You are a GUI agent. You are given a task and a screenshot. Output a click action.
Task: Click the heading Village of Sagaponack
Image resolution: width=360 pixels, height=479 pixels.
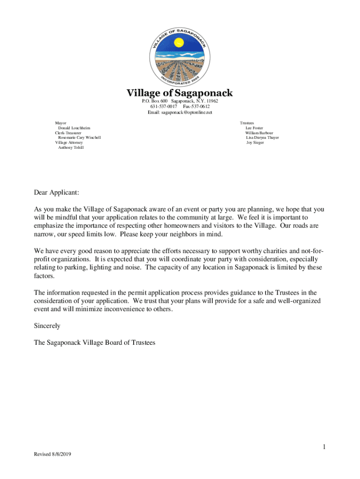pos(180,93)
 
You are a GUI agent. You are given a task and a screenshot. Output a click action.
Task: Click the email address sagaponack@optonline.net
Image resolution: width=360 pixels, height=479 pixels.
pos(180,113)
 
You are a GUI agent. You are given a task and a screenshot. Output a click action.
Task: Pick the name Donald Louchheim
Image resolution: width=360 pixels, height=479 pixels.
pos(74,128)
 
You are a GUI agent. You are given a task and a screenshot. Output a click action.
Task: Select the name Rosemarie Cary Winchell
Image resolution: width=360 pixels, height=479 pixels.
pos(79,138)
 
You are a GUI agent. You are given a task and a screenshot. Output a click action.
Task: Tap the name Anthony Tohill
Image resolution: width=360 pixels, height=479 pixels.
pos(71,147)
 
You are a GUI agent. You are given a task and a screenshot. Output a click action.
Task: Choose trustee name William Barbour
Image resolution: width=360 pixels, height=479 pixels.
pos(259,133)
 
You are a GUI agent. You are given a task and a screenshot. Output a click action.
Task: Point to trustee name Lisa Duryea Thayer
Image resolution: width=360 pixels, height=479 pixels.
pos(262,138)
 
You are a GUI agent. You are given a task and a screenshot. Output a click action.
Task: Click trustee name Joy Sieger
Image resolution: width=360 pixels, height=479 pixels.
pos(255,143)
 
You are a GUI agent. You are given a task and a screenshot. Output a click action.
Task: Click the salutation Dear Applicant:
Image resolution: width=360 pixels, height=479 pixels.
pos(57,192)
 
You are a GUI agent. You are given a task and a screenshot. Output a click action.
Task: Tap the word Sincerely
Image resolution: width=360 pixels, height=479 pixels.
pos(47,325)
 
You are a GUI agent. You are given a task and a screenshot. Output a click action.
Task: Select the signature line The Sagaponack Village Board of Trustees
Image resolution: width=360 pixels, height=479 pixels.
pos(94,342)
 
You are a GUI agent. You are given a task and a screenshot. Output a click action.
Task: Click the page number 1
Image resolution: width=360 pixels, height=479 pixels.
pos(323,448)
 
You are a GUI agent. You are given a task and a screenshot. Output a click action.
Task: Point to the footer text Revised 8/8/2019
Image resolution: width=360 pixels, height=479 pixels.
pos(52,454)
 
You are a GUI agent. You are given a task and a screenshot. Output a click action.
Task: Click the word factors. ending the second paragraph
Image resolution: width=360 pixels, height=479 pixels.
pos(44,276)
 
